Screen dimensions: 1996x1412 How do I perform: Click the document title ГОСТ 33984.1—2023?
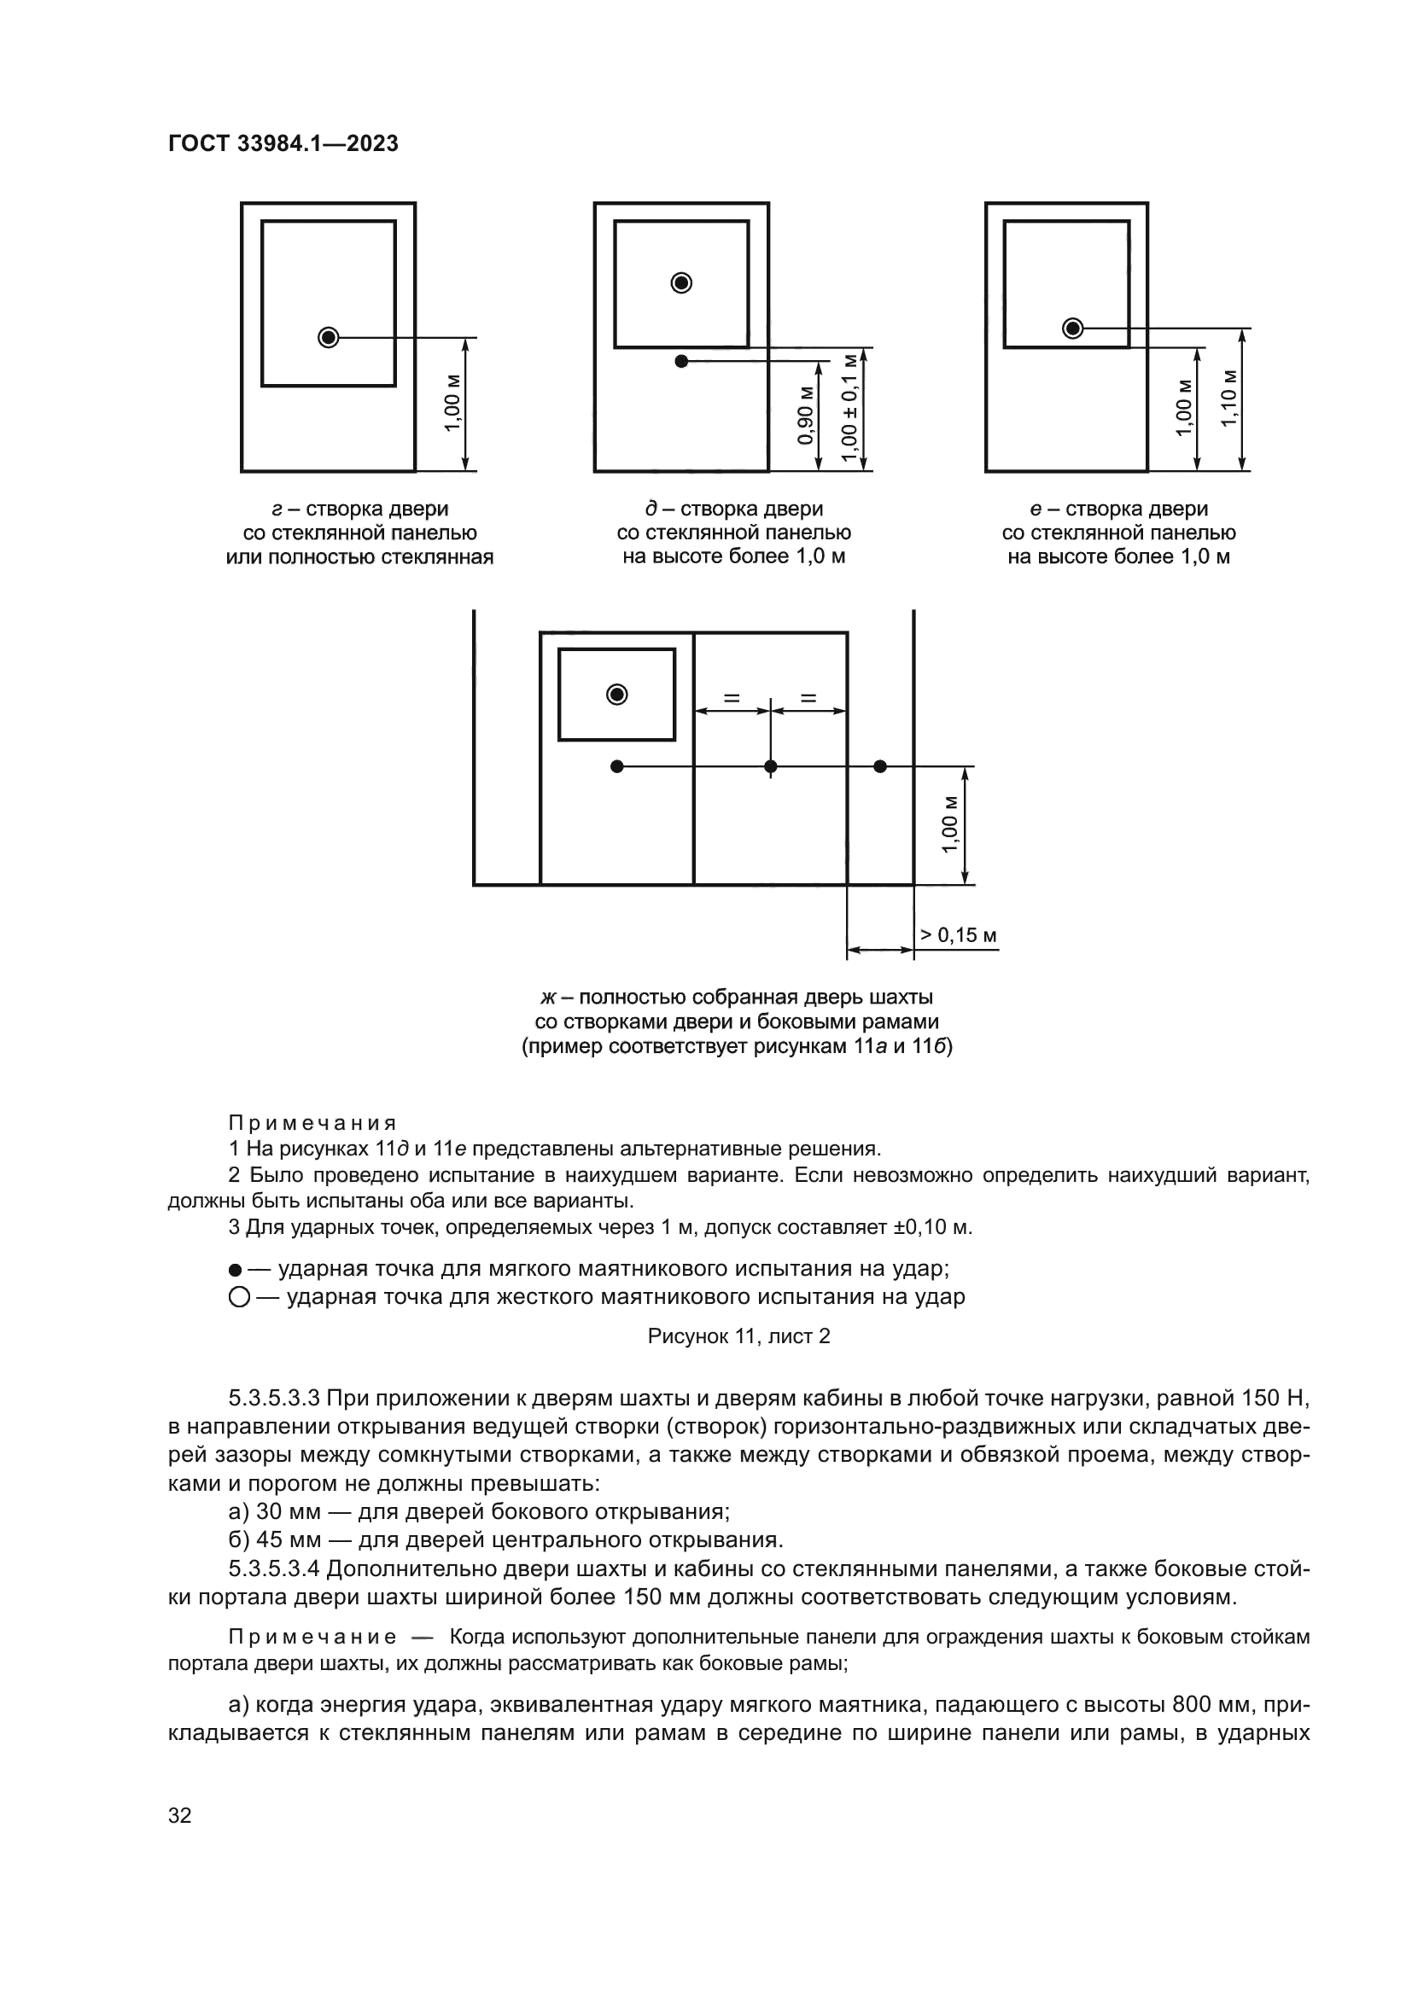(283, 143)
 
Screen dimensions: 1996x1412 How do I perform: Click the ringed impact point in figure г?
(328, 336)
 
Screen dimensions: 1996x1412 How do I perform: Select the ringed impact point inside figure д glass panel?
(681, 282)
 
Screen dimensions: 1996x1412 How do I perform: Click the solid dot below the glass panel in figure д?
(681, 361)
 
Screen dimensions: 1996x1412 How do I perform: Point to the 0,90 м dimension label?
(806, 415)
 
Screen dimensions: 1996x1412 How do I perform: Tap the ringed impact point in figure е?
(1073, 328)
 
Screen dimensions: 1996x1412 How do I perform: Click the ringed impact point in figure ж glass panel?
(617, 694)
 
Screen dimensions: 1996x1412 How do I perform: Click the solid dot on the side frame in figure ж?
(880, 765)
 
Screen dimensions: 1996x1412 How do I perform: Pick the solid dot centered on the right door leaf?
(770, 765)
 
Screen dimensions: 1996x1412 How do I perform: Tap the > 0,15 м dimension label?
(958, 935)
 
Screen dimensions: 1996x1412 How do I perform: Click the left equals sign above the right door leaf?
(732, 696)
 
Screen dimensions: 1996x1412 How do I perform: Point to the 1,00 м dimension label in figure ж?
(950, 824)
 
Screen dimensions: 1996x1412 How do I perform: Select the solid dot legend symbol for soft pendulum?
(235, 1270)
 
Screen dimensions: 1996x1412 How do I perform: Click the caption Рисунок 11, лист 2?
(738, 1336)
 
